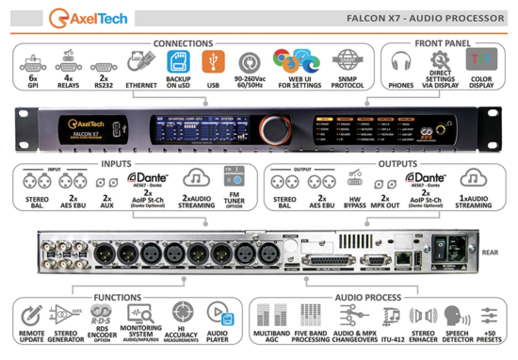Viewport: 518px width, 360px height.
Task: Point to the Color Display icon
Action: coord(481,63)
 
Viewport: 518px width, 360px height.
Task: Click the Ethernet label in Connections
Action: coord(141,84)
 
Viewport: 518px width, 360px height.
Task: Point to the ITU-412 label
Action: coord(391,335)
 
